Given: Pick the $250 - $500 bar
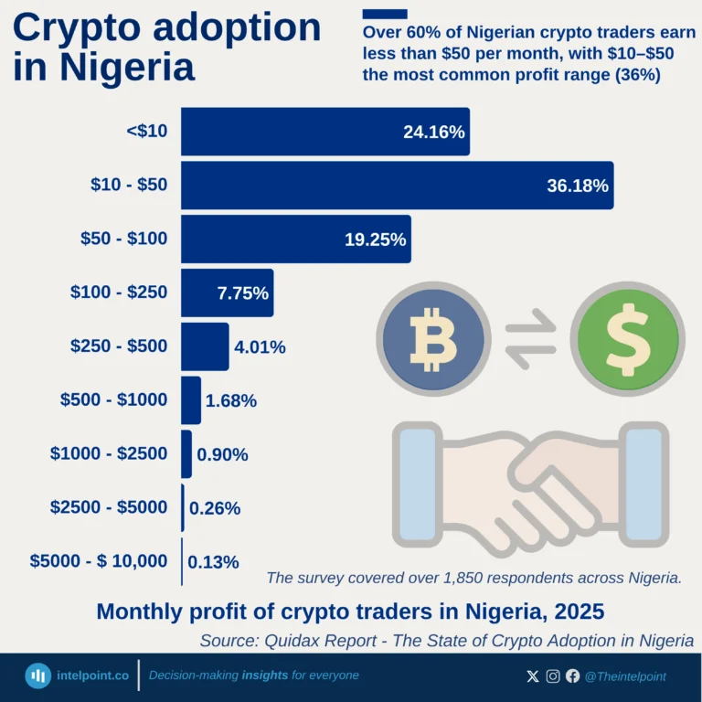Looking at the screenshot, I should click(205, 346).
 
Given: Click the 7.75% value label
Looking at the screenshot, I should click(242, 293).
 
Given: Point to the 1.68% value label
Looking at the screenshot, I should click(231, 400).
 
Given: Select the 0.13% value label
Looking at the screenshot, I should click(213, 561).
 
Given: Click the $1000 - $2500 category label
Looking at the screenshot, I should click(109, 453).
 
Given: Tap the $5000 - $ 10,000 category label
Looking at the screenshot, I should click(99, 561).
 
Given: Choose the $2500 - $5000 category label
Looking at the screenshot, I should click(109, 507).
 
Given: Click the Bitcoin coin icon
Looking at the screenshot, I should click(432, 338).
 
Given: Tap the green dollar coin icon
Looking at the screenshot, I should click(626, 338).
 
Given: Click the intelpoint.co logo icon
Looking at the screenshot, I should click(38, 675).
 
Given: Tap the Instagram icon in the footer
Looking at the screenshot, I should click(553, 676).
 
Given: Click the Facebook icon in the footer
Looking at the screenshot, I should click(573, 676).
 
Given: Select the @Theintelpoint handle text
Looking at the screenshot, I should click(625, 676).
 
